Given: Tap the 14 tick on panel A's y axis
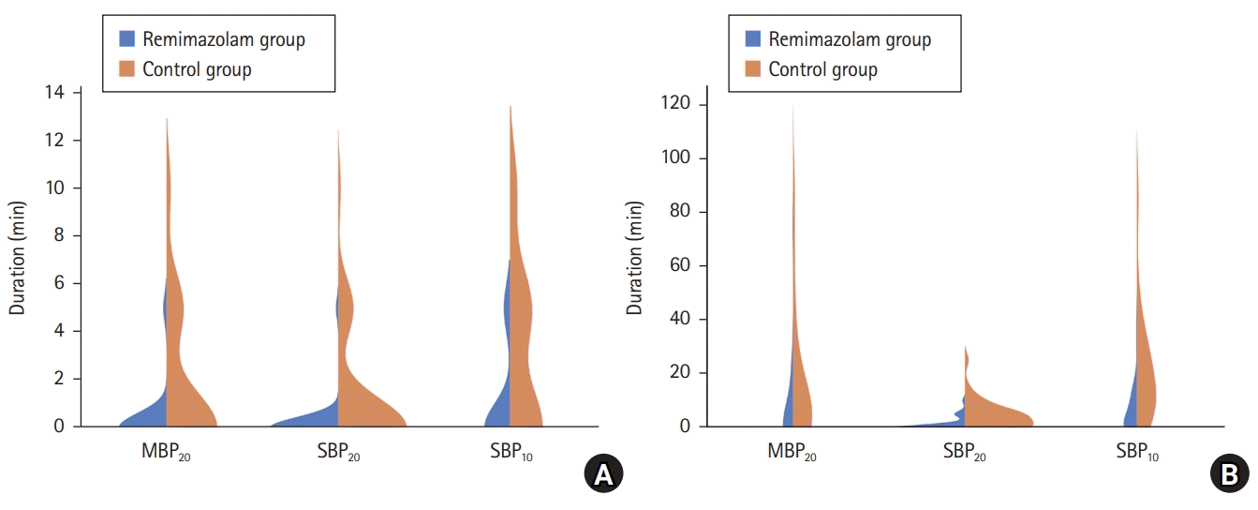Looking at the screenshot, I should pyautogui.click(x=56, y=93).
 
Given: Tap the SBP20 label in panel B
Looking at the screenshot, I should pyautogui.click(x=966, y=452).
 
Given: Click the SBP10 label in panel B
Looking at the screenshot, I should pyautogui.click(x=1137, y=452).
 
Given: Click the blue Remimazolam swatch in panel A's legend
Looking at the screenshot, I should pyautogui.click(x=126, y=38).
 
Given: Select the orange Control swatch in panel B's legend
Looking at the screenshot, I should pyautogui.click(x=752, y=69).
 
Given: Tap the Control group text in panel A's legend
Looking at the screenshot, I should pyautogui.click(x=197, y=69).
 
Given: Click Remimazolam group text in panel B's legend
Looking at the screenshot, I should pyautogui.click(x=850, y=38).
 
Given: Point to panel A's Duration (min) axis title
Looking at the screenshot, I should pyautogui.click(x=18, y=259).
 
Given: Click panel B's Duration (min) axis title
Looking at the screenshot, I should pyautogui.click(x=636, y=259).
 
